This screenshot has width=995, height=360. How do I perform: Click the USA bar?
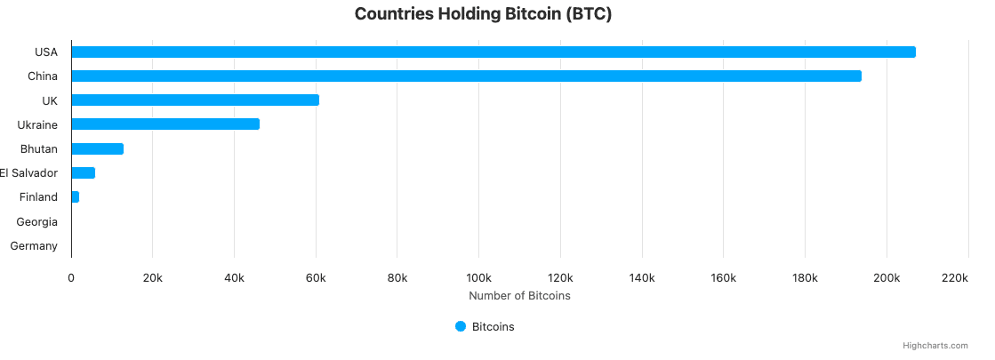pyautogui.click(x=493, y=52)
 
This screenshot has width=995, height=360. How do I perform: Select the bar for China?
pyautogui.click(x=466, y=76)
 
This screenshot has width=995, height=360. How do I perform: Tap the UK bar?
pyautogui.click(x=195, y=100)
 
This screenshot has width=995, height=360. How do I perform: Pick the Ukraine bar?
pyautogui.click(x=165, y=124)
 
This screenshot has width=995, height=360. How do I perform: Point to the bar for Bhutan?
pyautogui.click(x=97, y=148)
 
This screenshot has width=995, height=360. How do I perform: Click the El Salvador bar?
pyautogui.click(x=83, y=172)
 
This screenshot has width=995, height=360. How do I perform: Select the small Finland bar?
pyautogui.click(x=76, y=196)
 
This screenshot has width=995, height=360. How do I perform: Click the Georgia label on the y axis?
pyautogui.click(x=37, y=221)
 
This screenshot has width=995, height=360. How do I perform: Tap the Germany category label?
pyautogui.click(x=34, y=245)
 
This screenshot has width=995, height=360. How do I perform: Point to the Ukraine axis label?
pyautogui.click(x=37, y=124)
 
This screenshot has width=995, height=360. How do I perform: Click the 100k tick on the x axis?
pyautogui.click(x=478, y=278)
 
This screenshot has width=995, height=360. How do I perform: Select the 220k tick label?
pyautogui.click(x=954, y=278)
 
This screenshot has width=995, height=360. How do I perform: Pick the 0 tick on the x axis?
pyautogui.click(x=71, y=278)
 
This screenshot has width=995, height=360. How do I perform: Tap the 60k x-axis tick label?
pyautogui.click(x=316, y=278)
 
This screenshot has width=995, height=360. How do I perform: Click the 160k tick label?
pyautogui.click(x=723, y=278)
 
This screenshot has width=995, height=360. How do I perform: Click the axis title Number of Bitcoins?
pyautogui.click(x=519, y=295)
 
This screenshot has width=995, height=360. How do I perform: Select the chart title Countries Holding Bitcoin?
pyautogui.click(x=484, y=14)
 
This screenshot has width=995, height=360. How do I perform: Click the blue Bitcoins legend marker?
pyautogui.click(x=461, y=326)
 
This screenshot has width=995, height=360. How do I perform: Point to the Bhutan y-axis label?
pyautogui.click(x=39, y=148)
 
